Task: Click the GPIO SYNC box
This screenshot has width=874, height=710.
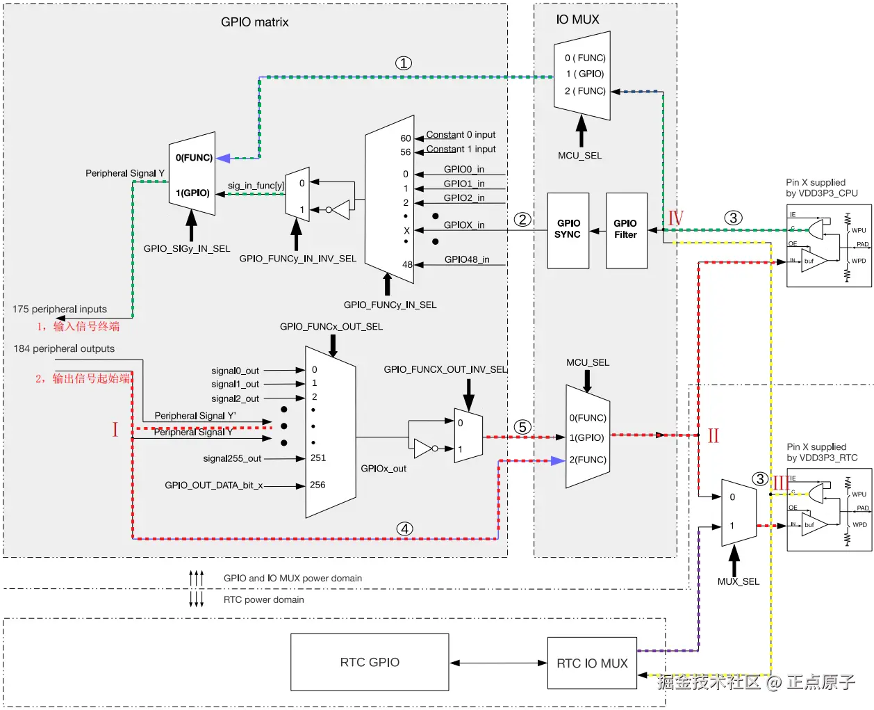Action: point(568,230)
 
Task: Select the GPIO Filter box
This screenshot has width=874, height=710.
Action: point(626,230)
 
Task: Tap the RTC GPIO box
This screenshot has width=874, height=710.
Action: point(370,662)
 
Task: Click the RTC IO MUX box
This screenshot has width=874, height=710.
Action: point(592,663)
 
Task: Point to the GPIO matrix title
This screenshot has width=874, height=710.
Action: point(254,22)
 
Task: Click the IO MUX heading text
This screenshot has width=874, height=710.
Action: point(577,19)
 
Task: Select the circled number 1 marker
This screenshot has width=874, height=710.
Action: point(404,63)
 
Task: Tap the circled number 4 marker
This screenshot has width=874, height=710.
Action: point(404,529)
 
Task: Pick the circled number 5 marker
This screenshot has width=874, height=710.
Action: point(522,427)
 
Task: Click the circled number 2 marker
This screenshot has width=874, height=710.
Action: point(522,220)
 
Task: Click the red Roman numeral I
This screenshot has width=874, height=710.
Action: point(115,430)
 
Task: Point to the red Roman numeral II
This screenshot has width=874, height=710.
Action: point(713,436)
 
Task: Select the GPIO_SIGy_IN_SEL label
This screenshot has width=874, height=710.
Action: point(187,248)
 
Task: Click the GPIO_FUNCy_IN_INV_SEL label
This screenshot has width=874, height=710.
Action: point(297,259)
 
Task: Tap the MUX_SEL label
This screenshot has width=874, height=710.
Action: point(738,581)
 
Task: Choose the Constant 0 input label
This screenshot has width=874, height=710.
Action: point(461,135)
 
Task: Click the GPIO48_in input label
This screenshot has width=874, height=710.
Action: point(466,259)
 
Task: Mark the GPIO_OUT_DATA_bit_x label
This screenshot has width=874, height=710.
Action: point(213,485)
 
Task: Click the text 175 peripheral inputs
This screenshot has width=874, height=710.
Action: point(60,309)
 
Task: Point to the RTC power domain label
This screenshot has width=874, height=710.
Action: point(263,599)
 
